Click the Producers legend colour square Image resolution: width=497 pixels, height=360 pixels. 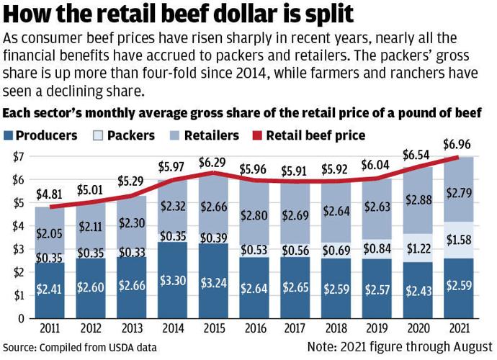9,135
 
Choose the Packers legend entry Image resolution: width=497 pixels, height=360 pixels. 129,135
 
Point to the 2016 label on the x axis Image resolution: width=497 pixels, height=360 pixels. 254,328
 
